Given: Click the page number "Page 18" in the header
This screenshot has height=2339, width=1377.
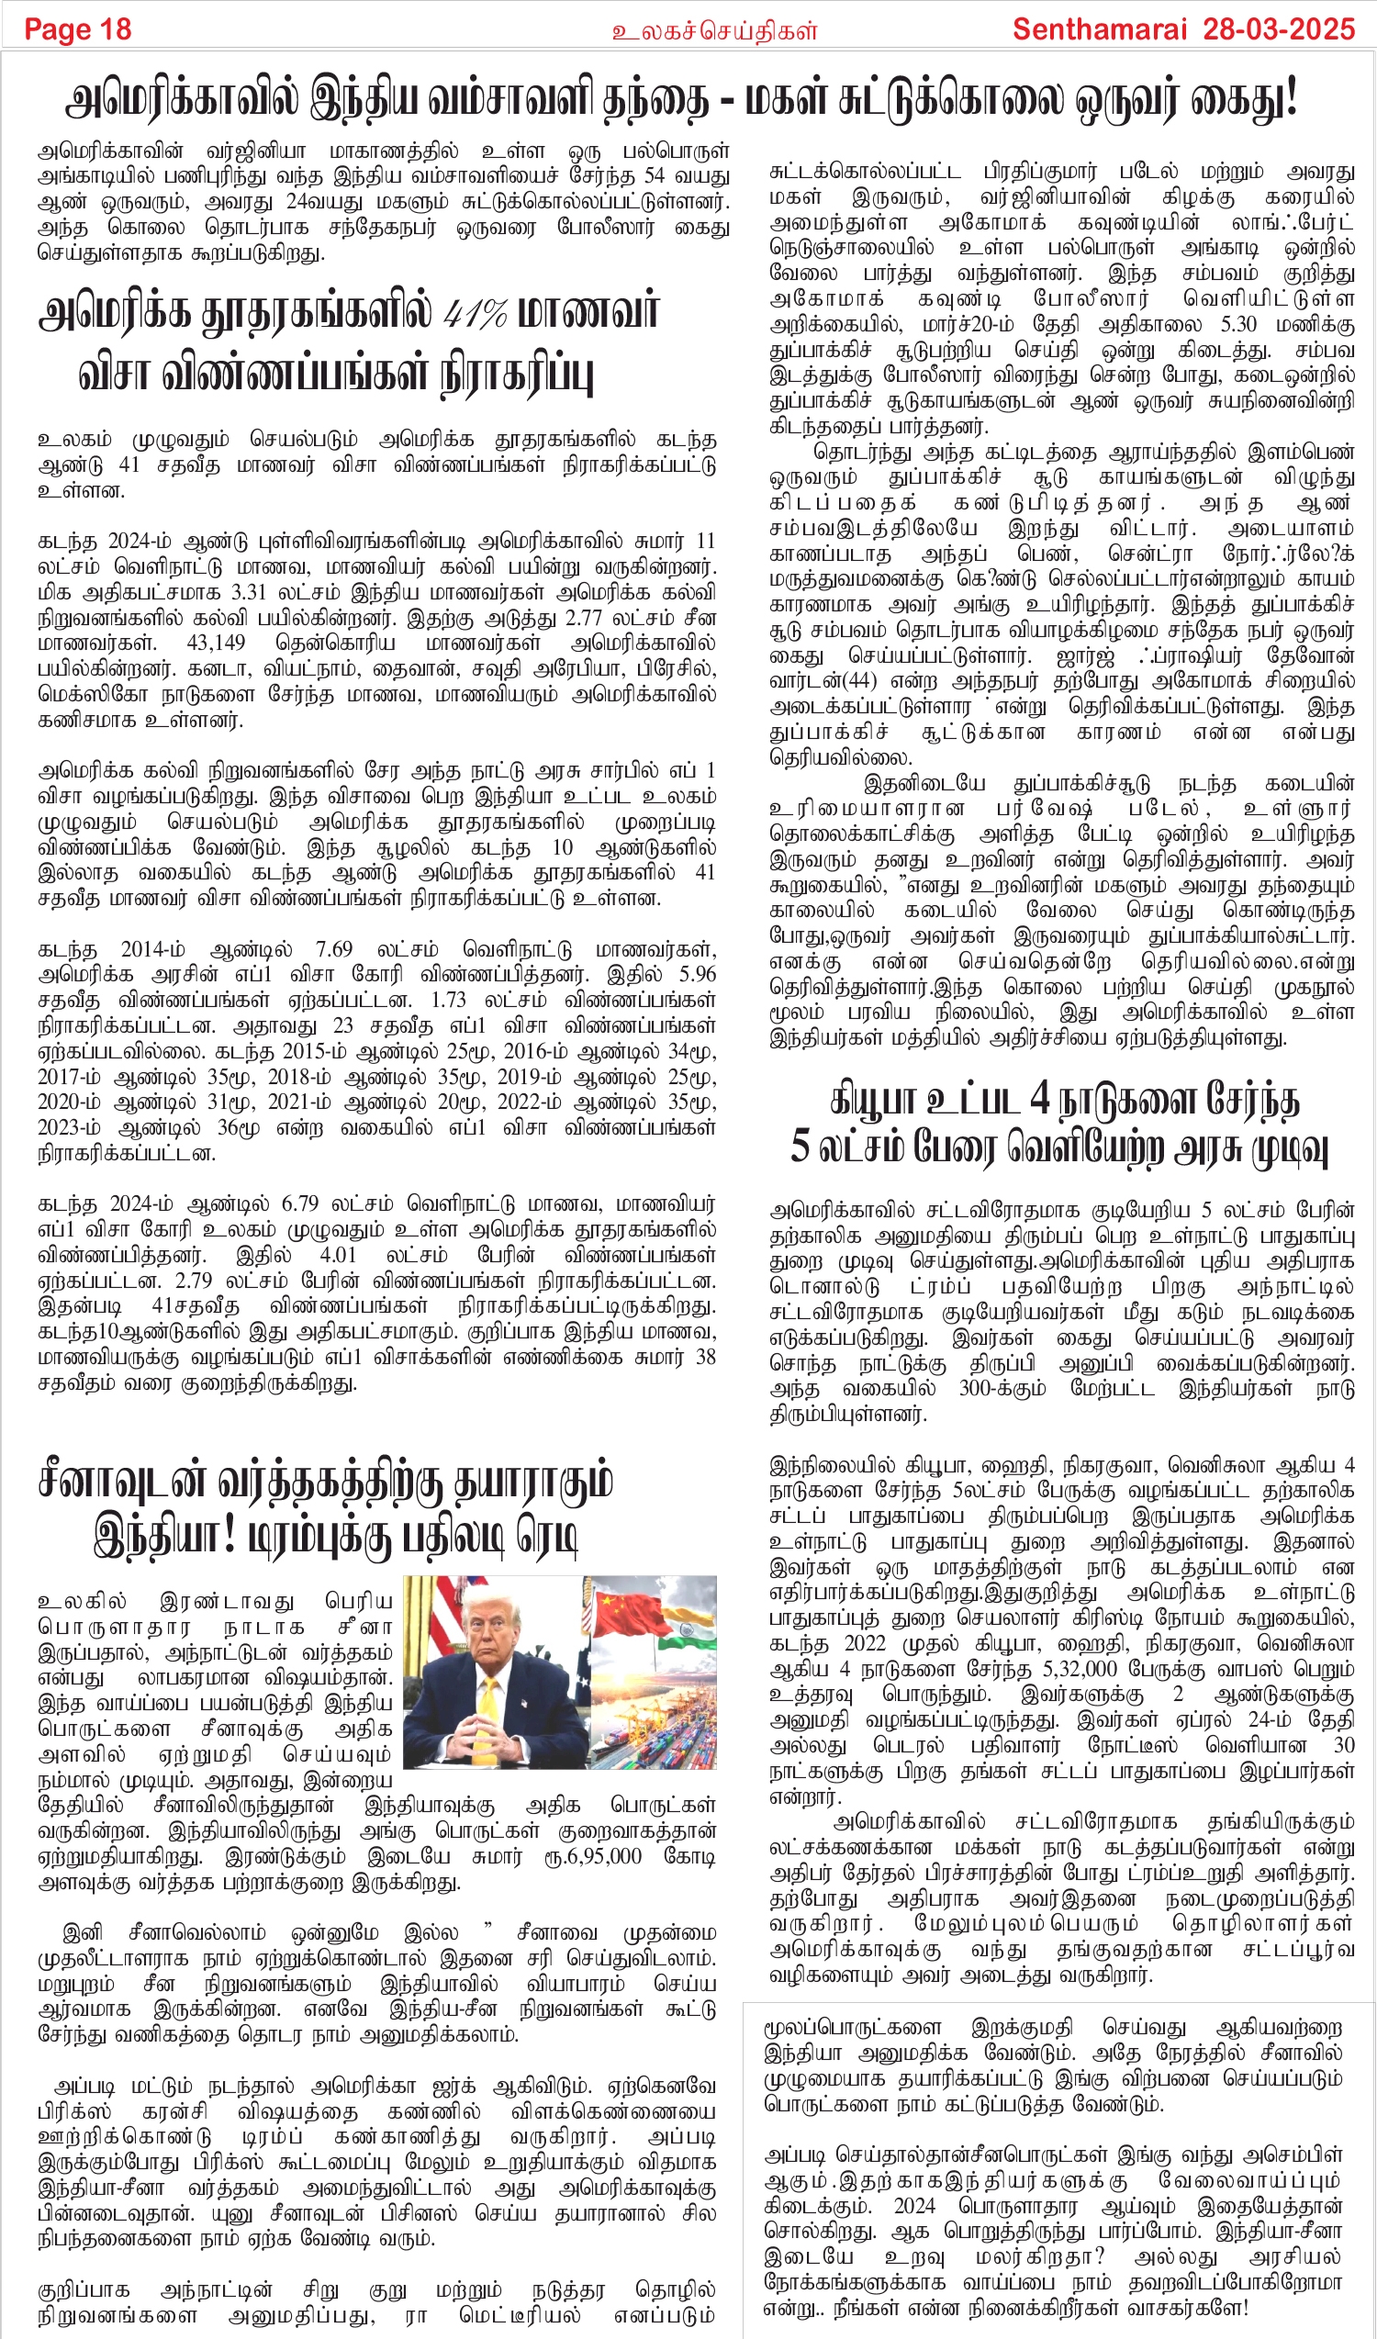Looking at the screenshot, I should click(x=78, y=29).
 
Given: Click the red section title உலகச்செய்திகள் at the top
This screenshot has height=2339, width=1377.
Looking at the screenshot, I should click(x=713, y=31).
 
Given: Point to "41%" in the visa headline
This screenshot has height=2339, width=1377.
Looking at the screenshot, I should click(x=476, y=313).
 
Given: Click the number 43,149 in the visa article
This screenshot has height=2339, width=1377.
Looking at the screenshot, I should click(x=217, y=644).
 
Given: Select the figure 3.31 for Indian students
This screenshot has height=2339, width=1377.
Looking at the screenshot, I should click(x=258, y=592).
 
